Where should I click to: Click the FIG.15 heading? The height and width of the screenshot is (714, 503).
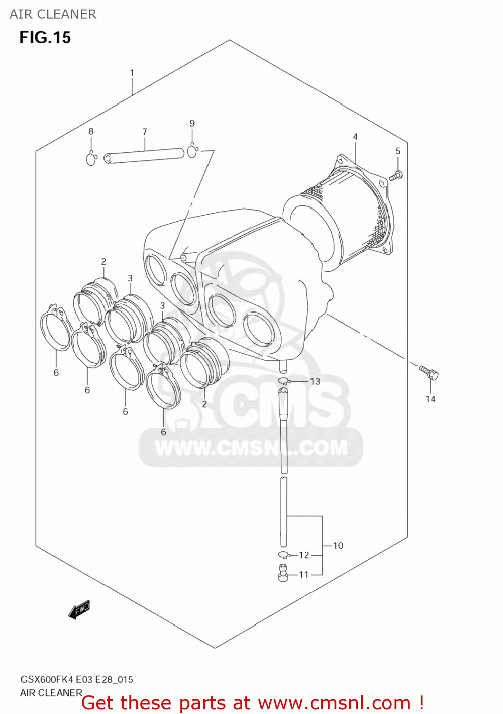[45, 38]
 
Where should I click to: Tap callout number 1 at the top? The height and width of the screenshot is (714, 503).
[132, 73]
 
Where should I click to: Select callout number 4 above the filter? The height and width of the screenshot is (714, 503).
[355, 137]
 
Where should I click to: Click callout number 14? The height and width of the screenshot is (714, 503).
[430, 399]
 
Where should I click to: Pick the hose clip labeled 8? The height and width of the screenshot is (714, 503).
[91, 158]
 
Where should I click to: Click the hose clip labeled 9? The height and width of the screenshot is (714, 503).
[192, 151]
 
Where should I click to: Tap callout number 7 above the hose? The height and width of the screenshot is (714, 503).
[145, 131]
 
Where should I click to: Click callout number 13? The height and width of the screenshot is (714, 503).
[315, 381]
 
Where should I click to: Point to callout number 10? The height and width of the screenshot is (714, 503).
[338, 545]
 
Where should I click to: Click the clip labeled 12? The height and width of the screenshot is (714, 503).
[284, 555]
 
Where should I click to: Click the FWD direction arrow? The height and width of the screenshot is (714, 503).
[79, 609]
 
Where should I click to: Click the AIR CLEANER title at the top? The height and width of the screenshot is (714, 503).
[53, 14]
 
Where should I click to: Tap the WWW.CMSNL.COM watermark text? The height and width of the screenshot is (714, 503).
[251, 448]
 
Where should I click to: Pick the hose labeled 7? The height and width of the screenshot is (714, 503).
[144, 156]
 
